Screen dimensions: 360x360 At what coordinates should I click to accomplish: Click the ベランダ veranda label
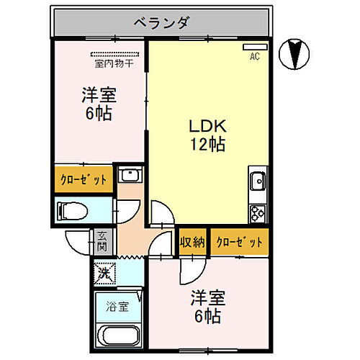tap(161, 23)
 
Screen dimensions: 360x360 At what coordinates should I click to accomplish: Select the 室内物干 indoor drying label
tap(114, 63)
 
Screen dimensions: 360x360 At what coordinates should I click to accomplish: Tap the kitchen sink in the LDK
tap(257, 180)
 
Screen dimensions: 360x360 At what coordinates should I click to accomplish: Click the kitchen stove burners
tap(258, 212)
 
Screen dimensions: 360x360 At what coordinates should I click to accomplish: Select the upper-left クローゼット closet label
tap(84, 179)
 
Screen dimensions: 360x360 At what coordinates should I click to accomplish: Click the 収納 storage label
tap(192, 241)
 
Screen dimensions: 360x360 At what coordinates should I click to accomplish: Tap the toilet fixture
tap(73, 211)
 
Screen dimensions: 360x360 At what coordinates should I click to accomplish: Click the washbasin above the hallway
tap(130, 176)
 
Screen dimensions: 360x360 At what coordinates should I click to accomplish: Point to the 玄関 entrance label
tap(102, 240)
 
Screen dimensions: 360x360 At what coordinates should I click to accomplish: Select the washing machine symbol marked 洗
tap(105, 274)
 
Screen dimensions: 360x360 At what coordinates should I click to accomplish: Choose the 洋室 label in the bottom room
tap(205, 297)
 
